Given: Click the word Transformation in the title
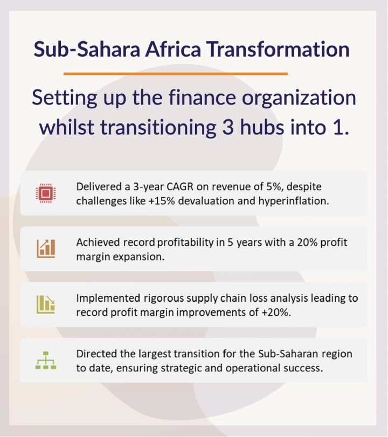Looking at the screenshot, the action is pyautogui.click(x=278, y=49).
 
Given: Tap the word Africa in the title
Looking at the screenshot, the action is pyautogui.click(x=173, y=49).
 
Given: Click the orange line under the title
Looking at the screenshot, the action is pyautogui.click(x=176, y=74).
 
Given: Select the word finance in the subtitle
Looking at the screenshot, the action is pyautogui.click(x=202, y=98).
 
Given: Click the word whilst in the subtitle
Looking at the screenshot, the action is pyautogui.click(x=67, y=127).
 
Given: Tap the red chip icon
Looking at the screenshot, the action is pyautogui.click(x=46, y=193).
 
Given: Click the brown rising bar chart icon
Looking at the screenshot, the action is pyautogui.click(x=46, y=248).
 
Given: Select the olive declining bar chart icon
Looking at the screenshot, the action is pyautogui.click(x=46, y=304).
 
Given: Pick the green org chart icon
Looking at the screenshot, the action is pyautogui.click(x=46, y=360).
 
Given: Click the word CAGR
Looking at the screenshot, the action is pyautogui.click(x=180, y=186).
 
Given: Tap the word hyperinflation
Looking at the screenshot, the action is pyautogui.click(x=294, y=201).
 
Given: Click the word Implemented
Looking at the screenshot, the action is pyautogui.click(x=108, y=299).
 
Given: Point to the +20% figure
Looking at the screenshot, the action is pyautogui.click(x=276, y=313).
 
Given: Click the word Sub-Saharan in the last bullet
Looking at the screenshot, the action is pyautogui.click(x=288, y=354).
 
